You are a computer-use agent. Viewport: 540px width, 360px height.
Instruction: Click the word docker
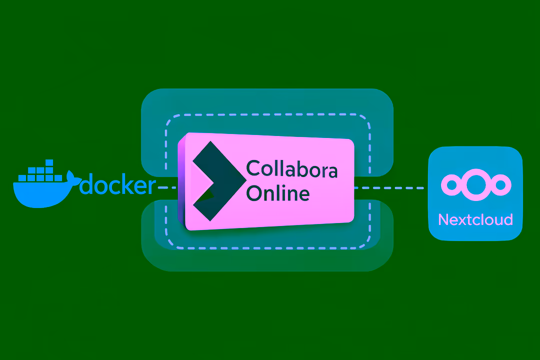[118, 185]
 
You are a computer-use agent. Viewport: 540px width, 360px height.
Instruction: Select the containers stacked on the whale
[42, 172]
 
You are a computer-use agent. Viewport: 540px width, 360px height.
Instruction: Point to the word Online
[278, 193]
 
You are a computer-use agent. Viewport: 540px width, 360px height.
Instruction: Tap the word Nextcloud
[475, 219]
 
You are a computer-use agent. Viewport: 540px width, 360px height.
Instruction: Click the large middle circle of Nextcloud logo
[475, 185]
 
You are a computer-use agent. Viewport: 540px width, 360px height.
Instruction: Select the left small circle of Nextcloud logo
[452, 185]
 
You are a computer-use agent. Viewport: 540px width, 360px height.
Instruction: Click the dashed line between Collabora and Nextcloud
[389, 188]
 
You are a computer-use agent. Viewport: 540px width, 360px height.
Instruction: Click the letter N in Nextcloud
[443, 219]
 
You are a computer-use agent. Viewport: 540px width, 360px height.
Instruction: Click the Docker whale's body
[40, 192]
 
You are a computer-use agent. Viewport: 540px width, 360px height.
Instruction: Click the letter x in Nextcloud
[462, 220]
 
